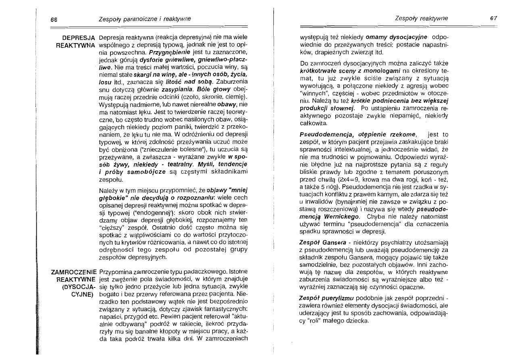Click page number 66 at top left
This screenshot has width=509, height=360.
pos(53,19)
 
